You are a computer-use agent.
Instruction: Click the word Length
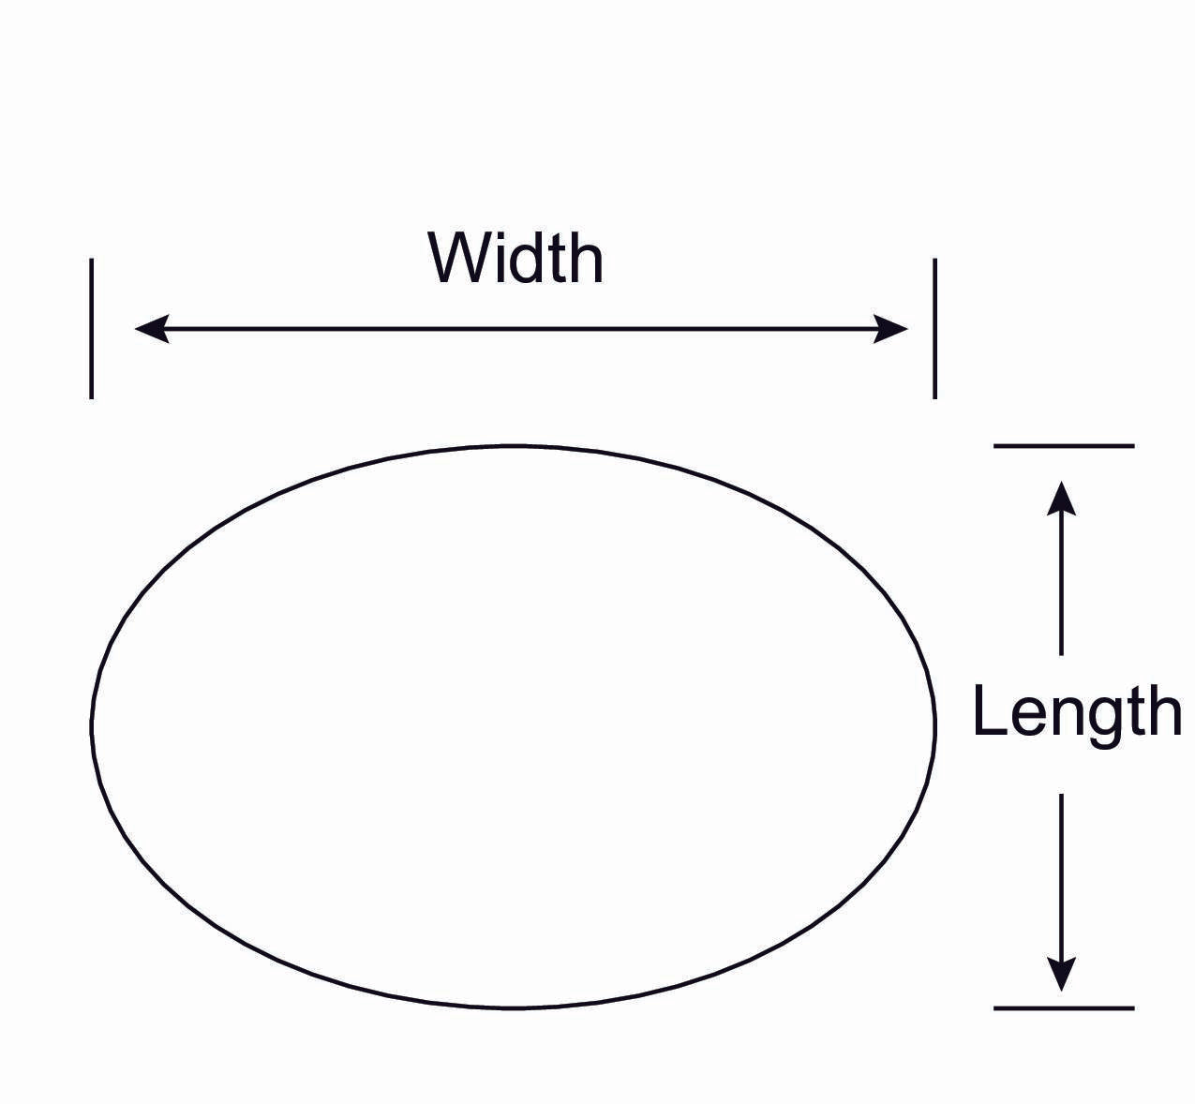tap(1076, 712)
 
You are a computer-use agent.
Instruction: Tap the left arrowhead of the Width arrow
tap(150, 329)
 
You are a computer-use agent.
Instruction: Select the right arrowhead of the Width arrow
tap(892, 329)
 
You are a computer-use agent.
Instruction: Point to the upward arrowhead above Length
tap(1061, 497)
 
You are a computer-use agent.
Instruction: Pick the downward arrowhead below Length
tap(1061, 975)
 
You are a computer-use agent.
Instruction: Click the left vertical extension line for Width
tap(91, 328)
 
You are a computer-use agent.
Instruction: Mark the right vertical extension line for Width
tap(934, 328)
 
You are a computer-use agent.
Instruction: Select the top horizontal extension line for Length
tap(1064, 446)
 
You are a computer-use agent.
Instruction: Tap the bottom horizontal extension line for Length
tap(1064, 1008)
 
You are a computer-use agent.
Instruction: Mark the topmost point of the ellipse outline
tap(513, 446)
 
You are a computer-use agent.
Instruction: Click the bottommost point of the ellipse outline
tap(513, 1007)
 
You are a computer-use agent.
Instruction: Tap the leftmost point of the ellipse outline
tap(92, 726)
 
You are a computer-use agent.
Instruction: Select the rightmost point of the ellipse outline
tap(934, 726)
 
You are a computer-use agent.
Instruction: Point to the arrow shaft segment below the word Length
tap(1061, 872)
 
